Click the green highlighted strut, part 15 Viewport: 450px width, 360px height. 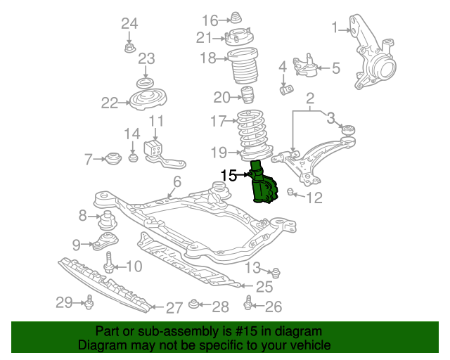[x=262, y=184]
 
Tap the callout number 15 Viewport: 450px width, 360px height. [x=229, y=175]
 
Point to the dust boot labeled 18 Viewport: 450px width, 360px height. [x=243, y=65]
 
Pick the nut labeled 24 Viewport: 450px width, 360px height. [x=129, y=48]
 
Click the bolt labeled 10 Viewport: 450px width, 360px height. [x=109, y=263]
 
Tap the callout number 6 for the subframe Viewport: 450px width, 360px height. [x=177, y=181]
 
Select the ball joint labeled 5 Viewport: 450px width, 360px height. [x=304, y=65]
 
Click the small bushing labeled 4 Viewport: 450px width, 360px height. [x=286, y=89]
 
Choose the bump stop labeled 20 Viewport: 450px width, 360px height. [x=247, y=94]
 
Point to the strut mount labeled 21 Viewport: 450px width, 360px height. [x=238, y=37]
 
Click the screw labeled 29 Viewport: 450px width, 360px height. [x=89, y=302]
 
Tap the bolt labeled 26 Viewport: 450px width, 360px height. [x=248, y=303]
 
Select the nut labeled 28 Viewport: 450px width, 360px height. [x=194, y=304]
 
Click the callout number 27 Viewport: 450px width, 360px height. [x=174, y=308]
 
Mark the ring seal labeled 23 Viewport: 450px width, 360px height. [x=145, y=83]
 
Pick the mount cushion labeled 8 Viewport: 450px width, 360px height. [x=107, y=220]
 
